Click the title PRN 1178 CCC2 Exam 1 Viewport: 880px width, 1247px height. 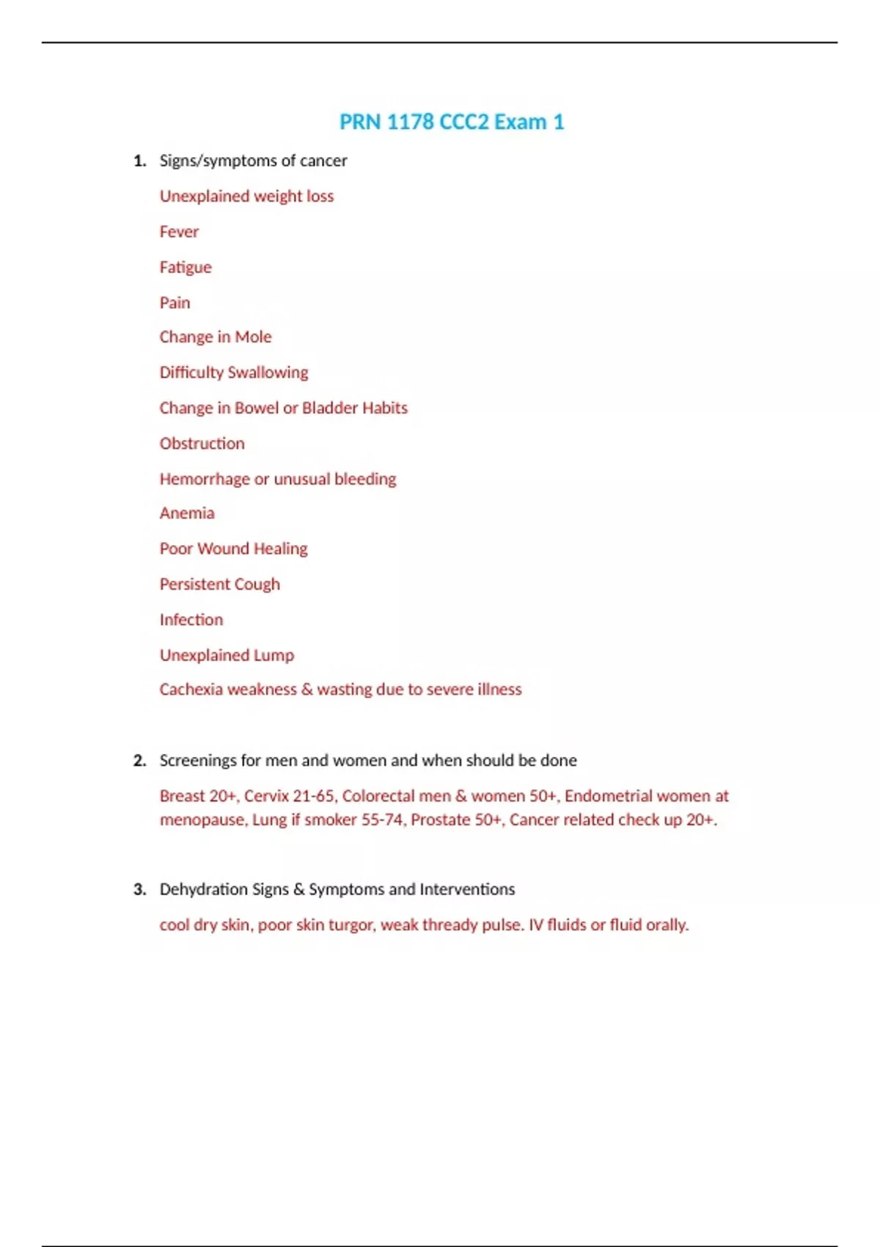tap(452, 122)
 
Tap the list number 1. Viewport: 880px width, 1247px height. tap(139, 161)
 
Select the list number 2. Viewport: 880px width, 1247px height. tap(139, 761)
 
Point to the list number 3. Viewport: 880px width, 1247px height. tap(139, 890)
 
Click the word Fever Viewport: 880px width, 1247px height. tap(179, 232)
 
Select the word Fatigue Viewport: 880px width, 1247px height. tap(186, 267)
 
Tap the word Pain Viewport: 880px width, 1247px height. tap(175, 302)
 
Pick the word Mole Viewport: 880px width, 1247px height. tap(253, 337)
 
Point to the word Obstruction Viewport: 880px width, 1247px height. tap(202, 444)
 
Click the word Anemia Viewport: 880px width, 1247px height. tap(187, 513)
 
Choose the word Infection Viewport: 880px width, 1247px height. tap(191, 620)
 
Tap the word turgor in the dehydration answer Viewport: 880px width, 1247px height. tap(351, 925)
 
